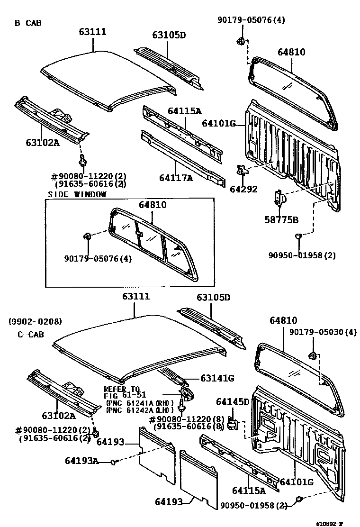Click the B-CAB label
coord(28,22)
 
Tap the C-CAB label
coord(31,334)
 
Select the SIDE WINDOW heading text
coord(77,194)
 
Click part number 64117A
coord(176,178)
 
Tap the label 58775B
coord(281,219)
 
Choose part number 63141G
coord(217,378)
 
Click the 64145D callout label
coord(233,402)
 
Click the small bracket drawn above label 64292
coord(242,170)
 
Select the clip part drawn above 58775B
coord(279,197)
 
